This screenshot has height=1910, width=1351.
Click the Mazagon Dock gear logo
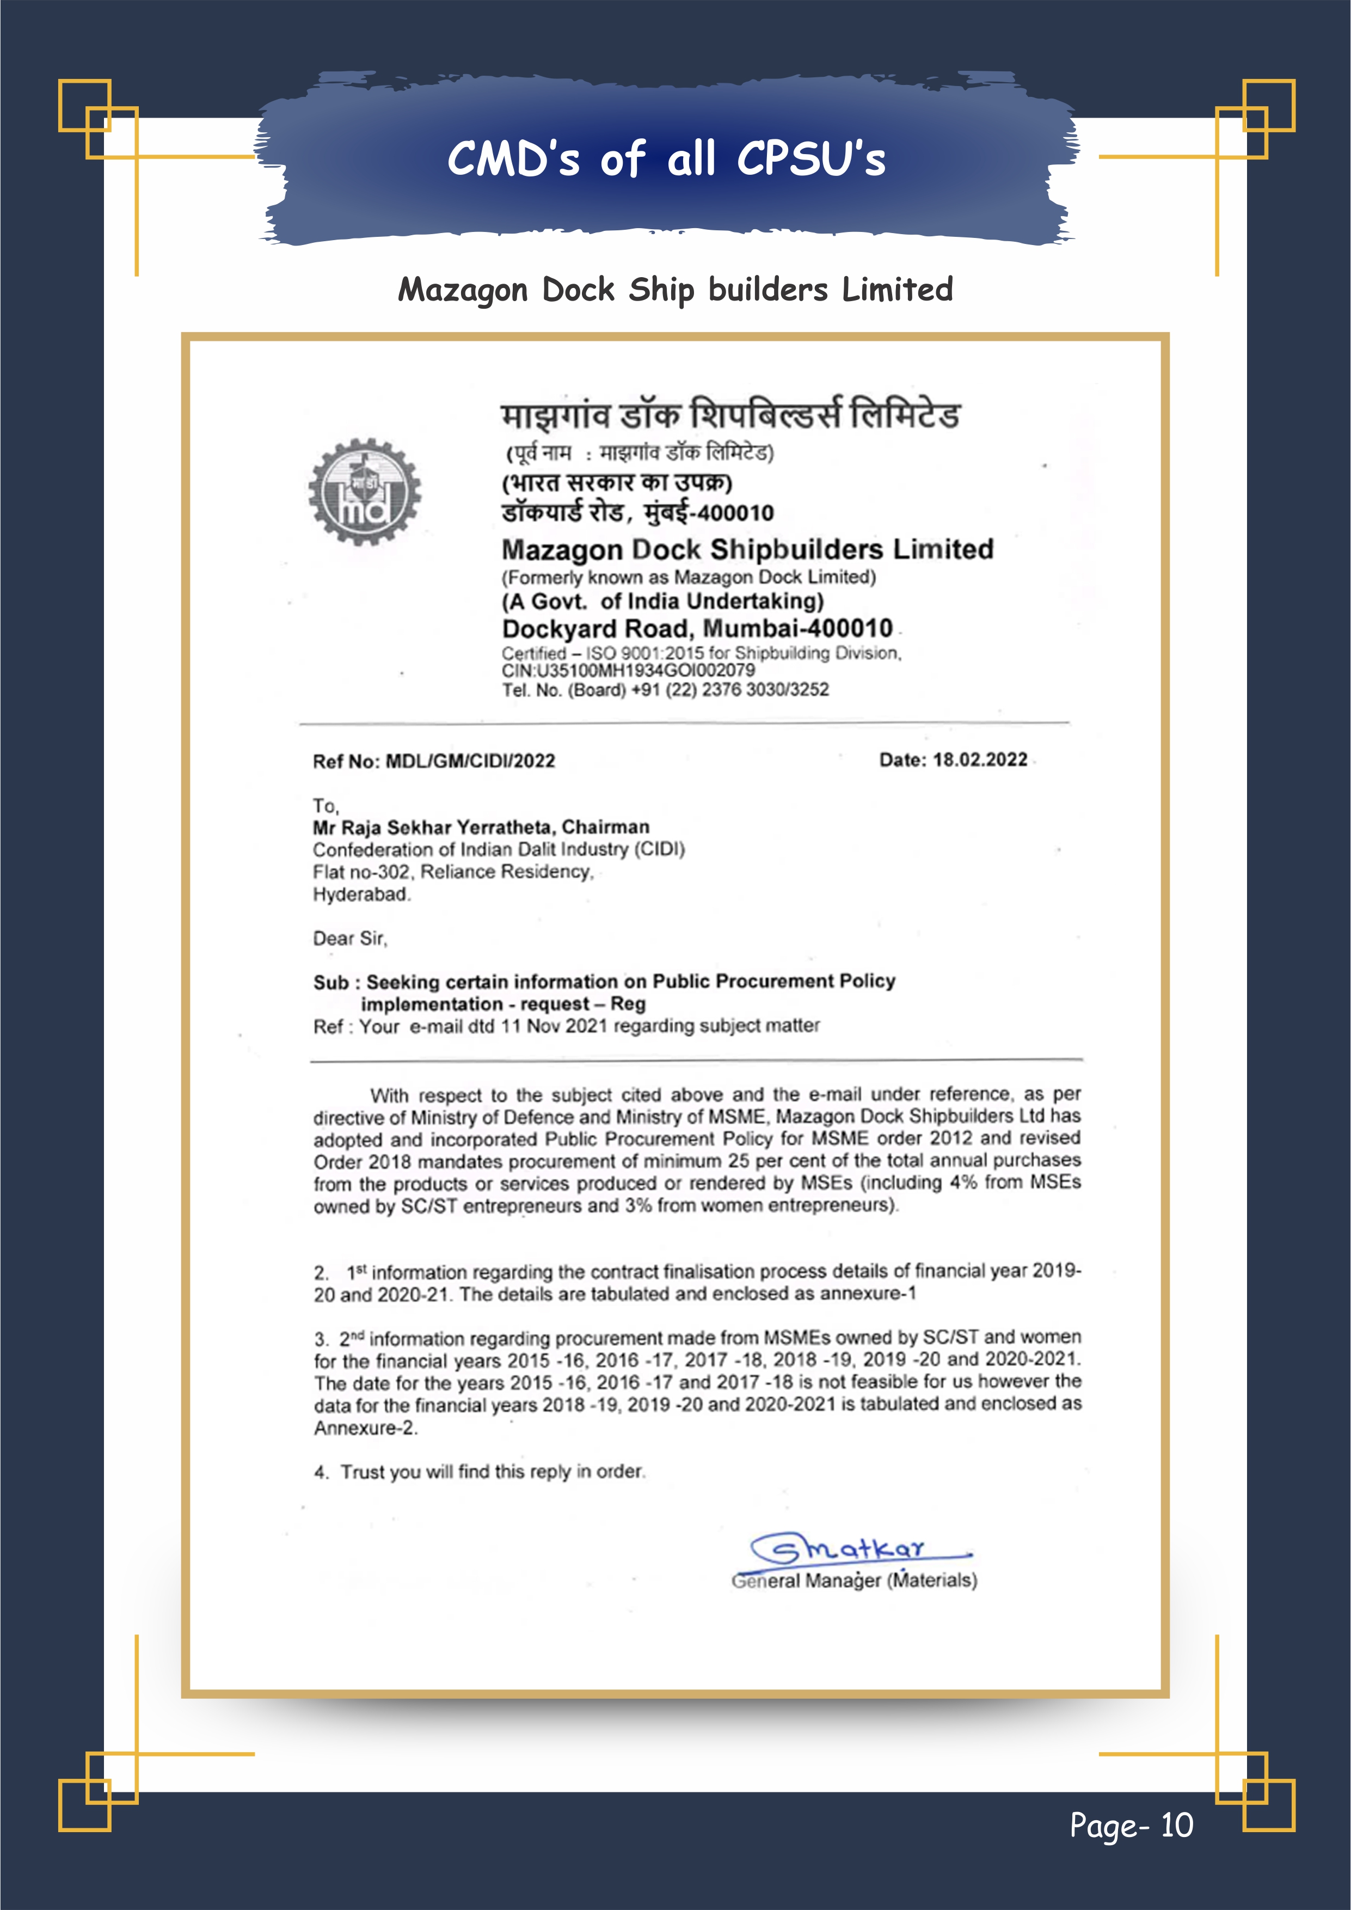coord(364,492)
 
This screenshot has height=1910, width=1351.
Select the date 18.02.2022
coord(979,760)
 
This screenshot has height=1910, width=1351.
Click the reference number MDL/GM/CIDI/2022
coord(470,761)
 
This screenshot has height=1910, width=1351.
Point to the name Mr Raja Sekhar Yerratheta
coord(433,827)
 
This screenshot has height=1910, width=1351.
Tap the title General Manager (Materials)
coord(855,1581)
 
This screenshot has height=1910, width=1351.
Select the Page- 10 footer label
coord(1131,1825)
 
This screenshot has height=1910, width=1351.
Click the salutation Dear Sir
coord(349,938)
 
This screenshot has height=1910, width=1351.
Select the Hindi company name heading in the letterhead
coord(729,414)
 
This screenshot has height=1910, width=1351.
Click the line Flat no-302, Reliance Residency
coord(452,872)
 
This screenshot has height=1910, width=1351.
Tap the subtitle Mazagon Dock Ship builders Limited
coord(674,290)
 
